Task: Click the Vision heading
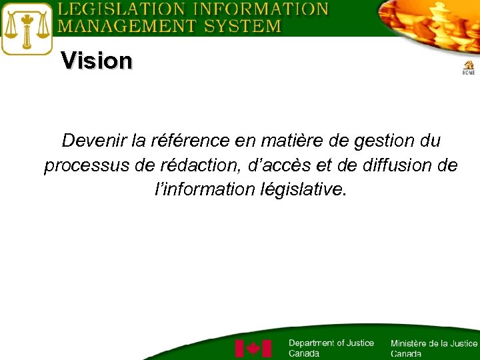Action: coord(97,61)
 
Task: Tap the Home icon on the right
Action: coord(469,67)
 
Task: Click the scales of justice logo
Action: coord(27,29)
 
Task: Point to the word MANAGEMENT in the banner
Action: coord(118,26)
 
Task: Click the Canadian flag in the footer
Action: coord(253,349)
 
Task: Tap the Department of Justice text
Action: coord(331,347)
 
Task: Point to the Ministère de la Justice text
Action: coord(433,348)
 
